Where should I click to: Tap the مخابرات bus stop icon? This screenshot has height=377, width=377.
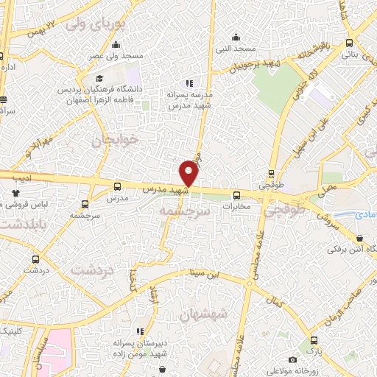coord(236,195)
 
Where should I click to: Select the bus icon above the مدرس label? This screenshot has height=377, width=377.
coord(119,188)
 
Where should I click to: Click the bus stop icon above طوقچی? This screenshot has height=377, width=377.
coord(272,175)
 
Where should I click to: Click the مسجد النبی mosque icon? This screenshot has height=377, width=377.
coord(235,37)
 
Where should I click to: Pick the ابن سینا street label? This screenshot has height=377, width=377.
coord(202,274)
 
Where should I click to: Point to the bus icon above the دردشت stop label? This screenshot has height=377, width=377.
coord(35,259)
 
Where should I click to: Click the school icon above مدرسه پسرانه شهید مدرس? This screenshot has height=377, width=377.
coord(188,83)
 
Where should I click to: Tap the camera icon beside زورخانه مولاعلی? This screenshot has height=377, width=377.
coord(293,359)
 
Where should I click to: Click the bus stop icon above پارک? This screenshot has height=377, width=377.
coord(315,340)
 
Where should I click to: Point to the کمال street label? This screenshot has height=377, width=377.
coord(276,303)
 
